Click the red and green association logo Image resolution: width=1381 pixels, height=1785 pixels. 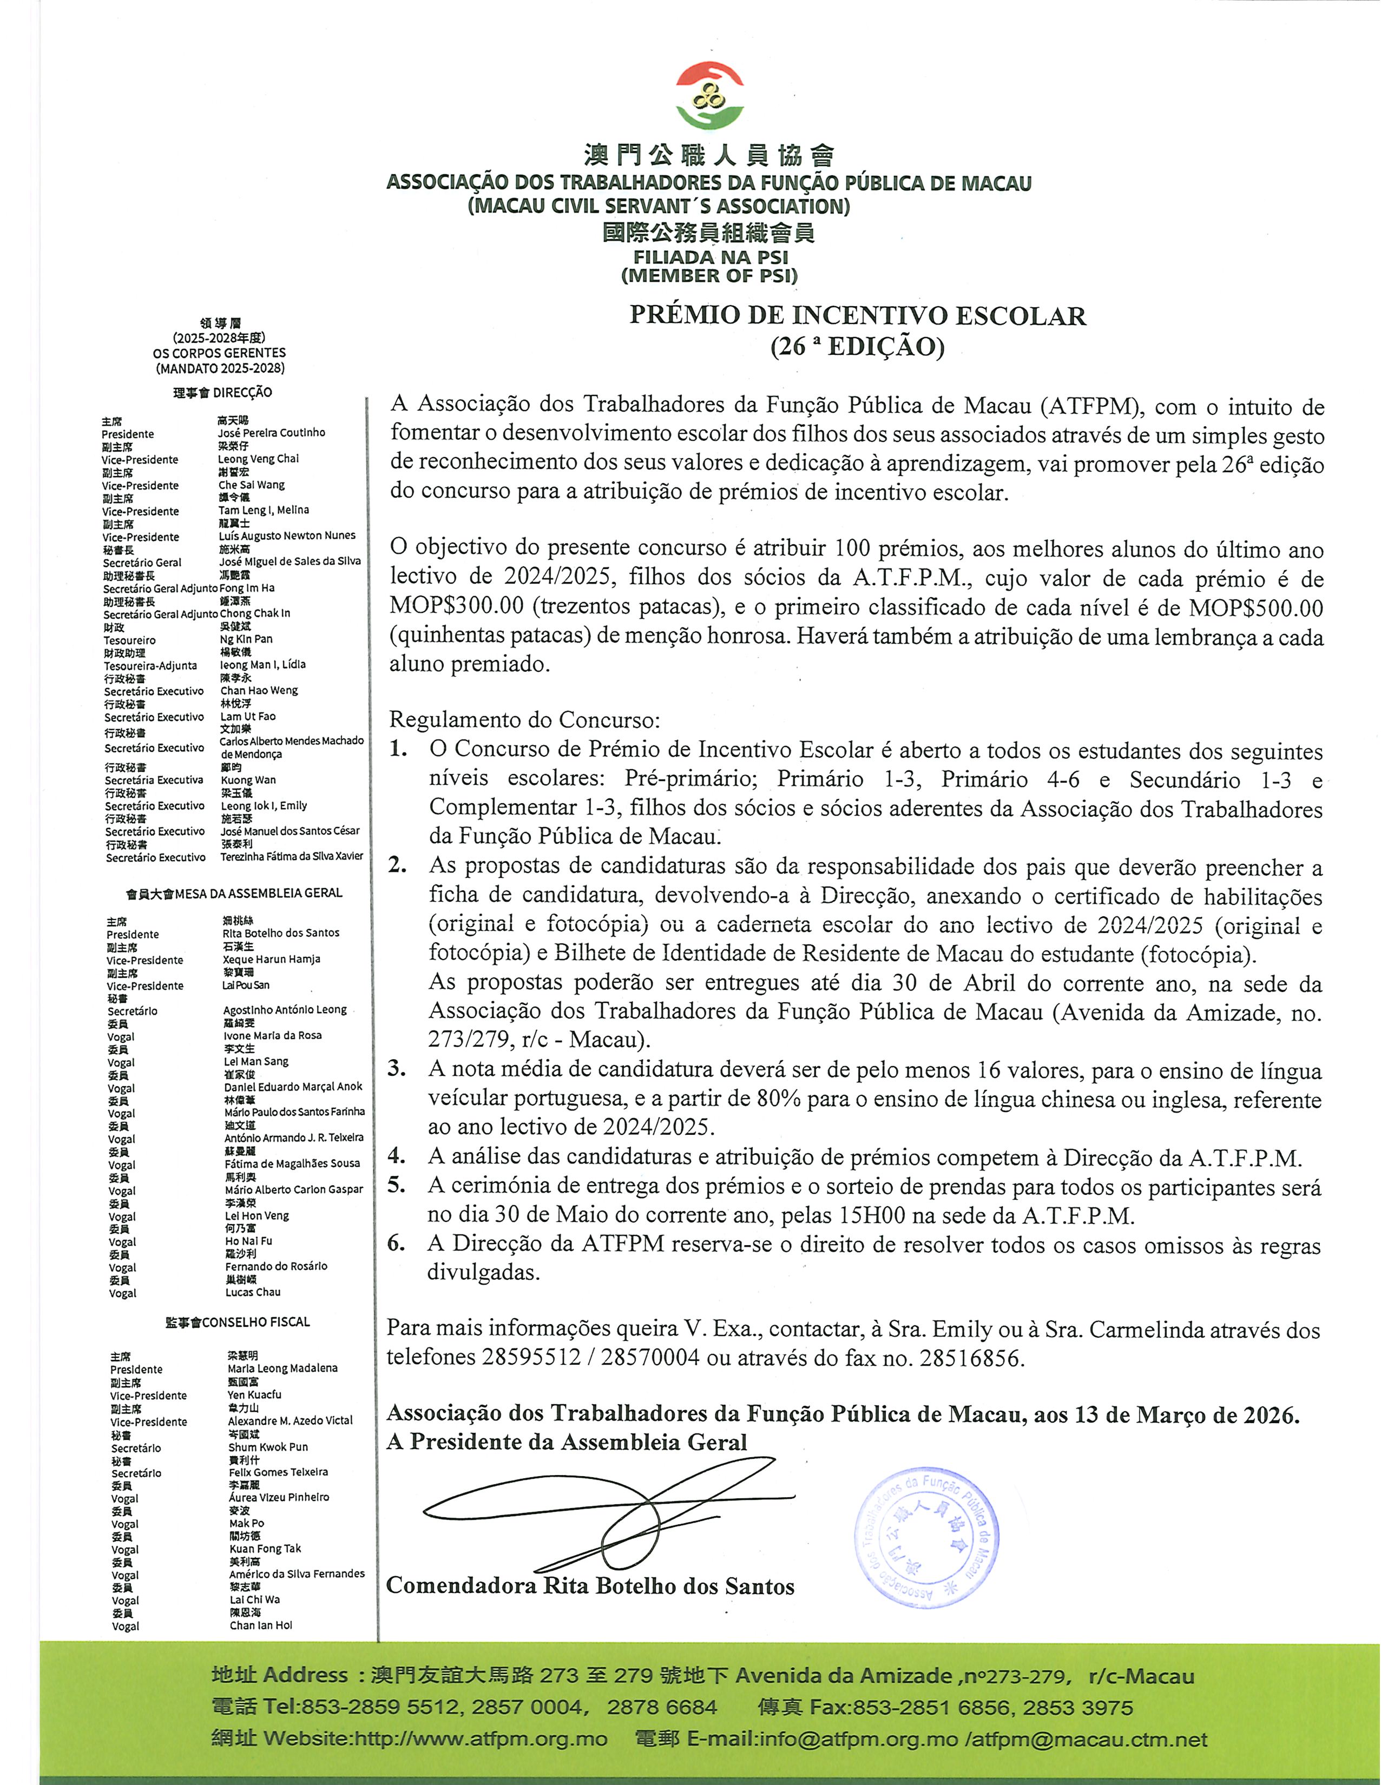point(710,96)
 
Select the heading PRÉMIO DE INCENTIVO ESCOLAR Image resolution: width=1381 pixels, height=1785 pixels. point(857,315)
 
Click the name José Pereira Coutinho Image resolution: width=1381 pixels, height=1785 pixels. point(272,432)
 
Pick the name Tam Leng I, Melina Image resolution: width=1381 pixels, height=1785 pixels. point(264,510)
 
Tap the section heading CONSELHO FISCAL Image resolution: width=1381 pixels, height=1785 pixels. point(256,1321)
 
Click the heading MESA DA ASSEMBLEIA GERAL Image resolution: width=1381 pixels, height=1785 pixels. point(258,894)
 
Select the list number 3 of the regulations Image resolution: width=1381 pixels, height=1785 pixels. point(397,1068)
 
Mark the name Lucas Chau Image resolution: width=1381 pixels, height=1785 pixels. point(253,1292)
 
